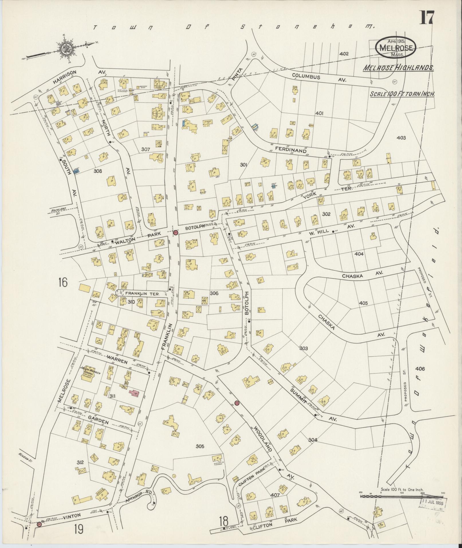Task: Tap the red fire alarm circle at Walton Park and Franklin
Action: click(x=176, y=233)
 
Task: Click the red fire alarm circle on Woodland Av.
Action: click(x=236, y=403)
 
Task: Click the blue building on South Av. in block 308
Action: click(x=76, y=172)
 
